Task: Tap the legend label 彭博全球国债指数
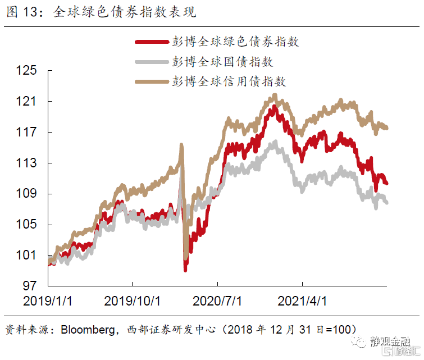[222, 61]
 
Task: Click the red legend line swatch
[151, 42]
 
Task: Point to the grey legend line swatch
[151, 62]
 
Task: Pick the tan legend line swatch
[151, 82]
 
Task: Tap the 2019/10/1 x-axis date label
[133, 301]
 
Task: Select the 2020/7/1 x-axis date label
[217, 301]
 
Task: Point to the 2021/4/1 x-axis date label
[302, 301]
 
